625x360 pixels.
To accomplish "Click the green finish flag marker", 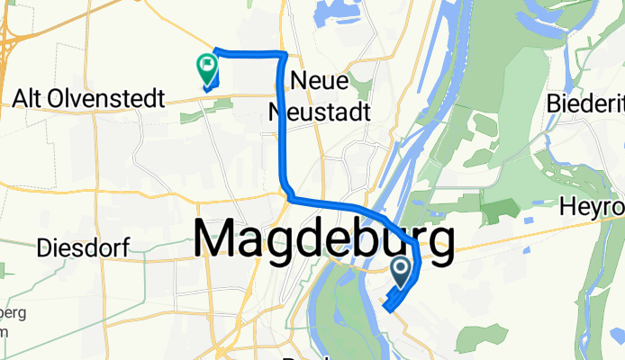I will (x=206, y=66).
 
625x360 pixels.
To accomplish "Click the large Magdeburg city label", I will (x=323, y=241).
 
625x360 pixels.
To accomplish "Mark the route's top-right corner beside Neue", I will (x=285, y=57).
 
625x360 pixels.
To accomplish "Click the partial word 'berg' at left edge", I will (x=13, y=312).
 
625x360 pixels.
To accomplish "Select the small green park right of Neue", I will (x=364, y=87).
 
